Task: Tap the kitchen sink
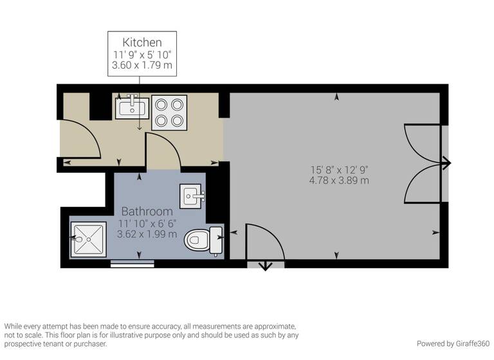click(x=132, y=107)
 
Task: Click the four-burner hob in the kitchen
click(x=169, y=113)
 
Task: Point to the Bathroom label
click(x=147, y=211)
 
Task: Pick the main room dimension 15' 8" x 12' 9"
click(x=339, y=170)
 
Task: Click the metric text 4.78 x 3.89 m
click(x=339, y=181)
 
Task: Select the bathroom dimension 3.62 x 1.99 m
click(x=147, y=234)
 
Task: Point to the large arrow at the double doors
click(x=445, y=163)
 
